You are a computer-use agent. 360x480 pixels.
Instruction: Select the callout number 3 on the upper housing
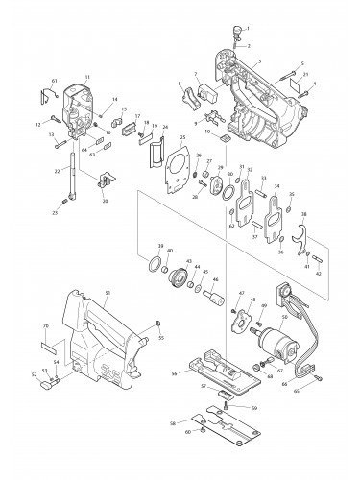(256, 60)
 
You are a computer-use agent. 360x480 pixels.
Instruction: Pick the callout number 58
(172, 421)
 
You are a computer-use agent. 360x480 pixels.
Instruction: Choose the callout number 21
(306, 74)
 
